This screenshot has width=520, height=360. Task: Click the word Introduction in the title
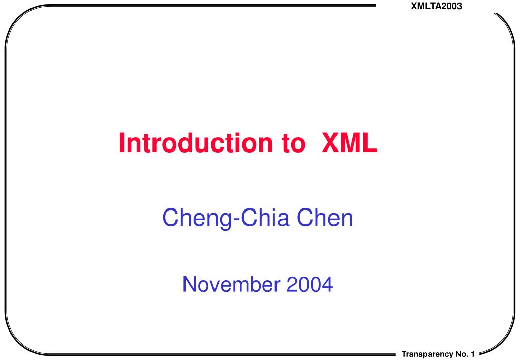point(196,143)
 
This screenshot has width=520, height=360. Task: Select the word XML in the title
point(349,143)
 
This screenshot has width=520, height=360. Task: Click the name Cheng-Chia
point(226,218)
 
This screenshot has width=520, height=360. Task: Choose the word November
point(231,284)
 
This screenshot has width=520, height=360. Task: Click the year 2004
point(310,284)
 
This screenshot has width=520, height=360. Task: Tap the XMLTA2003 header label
point(436,6)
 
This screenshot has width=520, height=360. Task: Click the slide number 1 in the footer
point(473,354)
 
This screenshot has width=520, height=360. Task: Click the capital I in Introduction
point(121,143)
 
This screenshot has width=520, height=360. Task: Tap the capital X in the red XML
point(330,143)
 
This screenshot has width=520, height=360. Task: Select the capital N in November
point(190,284)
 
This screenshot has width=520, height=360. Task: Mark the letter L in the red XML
point(370,143)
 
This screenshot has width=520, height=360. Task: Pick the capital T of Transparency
point(404,354)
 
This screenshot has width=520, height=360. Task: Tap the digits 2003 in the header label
point(451,6)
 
